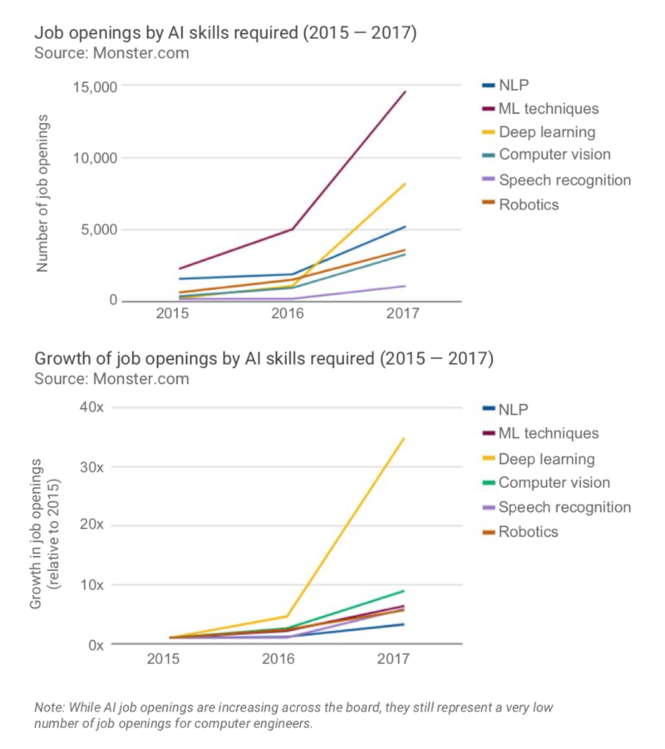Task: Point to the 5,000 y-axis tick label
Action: coord(97,229)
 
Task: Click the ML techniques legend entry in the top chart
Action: coord(549,109)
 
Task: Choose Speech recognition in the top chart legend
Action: coord(564,180)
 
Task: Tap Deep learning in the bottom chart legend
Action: coord(546,459)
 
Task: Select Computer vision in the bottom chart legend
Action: coord(554,483)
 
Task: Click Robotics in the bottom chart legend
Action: coord(529,531)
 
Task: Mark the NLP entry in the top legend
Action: coord(514,85)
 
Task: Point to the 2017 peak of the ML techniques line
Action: coord(405,91)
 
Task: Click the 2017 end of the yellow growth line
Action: coord(405,438)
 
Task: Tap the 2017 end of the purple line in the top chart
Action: coord(405,286)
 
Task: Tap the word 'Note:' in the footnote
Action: coord(50,707)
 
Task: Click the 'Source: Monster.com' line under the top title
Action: coord(111,54)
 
